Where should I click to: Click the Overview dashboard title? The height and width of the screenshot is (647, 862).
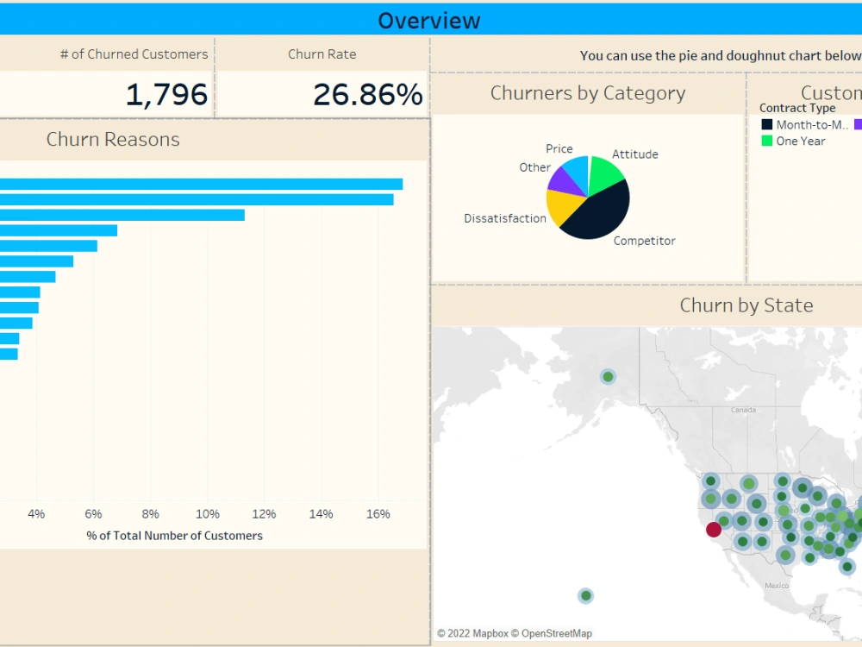click(428, 20)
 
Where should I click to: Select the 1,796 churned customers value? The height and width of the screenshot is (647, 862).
click(166, 95)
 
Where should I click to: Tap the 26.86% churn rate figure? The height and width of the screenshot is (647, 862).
click(367, 95)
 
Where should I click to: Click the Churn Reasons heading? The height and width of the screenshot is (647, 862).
click(113, 140)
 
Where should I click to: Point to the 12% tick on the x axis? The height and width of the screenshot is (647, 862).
click(264, 514)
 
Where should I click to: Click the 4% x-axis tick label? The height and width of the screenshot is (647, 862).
click(36, 514)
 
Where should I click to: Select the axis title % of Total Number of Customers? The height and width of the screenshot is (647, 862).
click(174, 536)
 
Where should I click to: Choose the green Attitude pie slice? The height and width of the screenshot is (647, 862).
click(606, 174)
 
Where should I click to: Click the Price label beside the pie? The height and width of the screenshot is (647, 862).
click(559, 149)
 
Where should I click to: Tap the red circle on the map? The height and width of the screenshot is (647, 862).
click(713, 530)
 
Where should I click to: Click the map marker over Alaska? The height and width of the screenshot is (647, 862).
click(608, 376)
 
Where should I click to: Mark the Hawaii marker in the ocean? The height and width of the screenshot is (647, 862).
click(585, 595)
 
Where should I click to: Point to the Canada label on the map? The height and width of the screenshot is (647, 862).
click(743, 410)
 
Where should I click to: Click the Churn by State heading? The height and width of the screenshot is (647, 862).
click(746, 305)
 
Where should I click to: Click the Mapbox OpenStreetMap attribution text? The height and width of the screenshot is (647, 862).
click(514, 634)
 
